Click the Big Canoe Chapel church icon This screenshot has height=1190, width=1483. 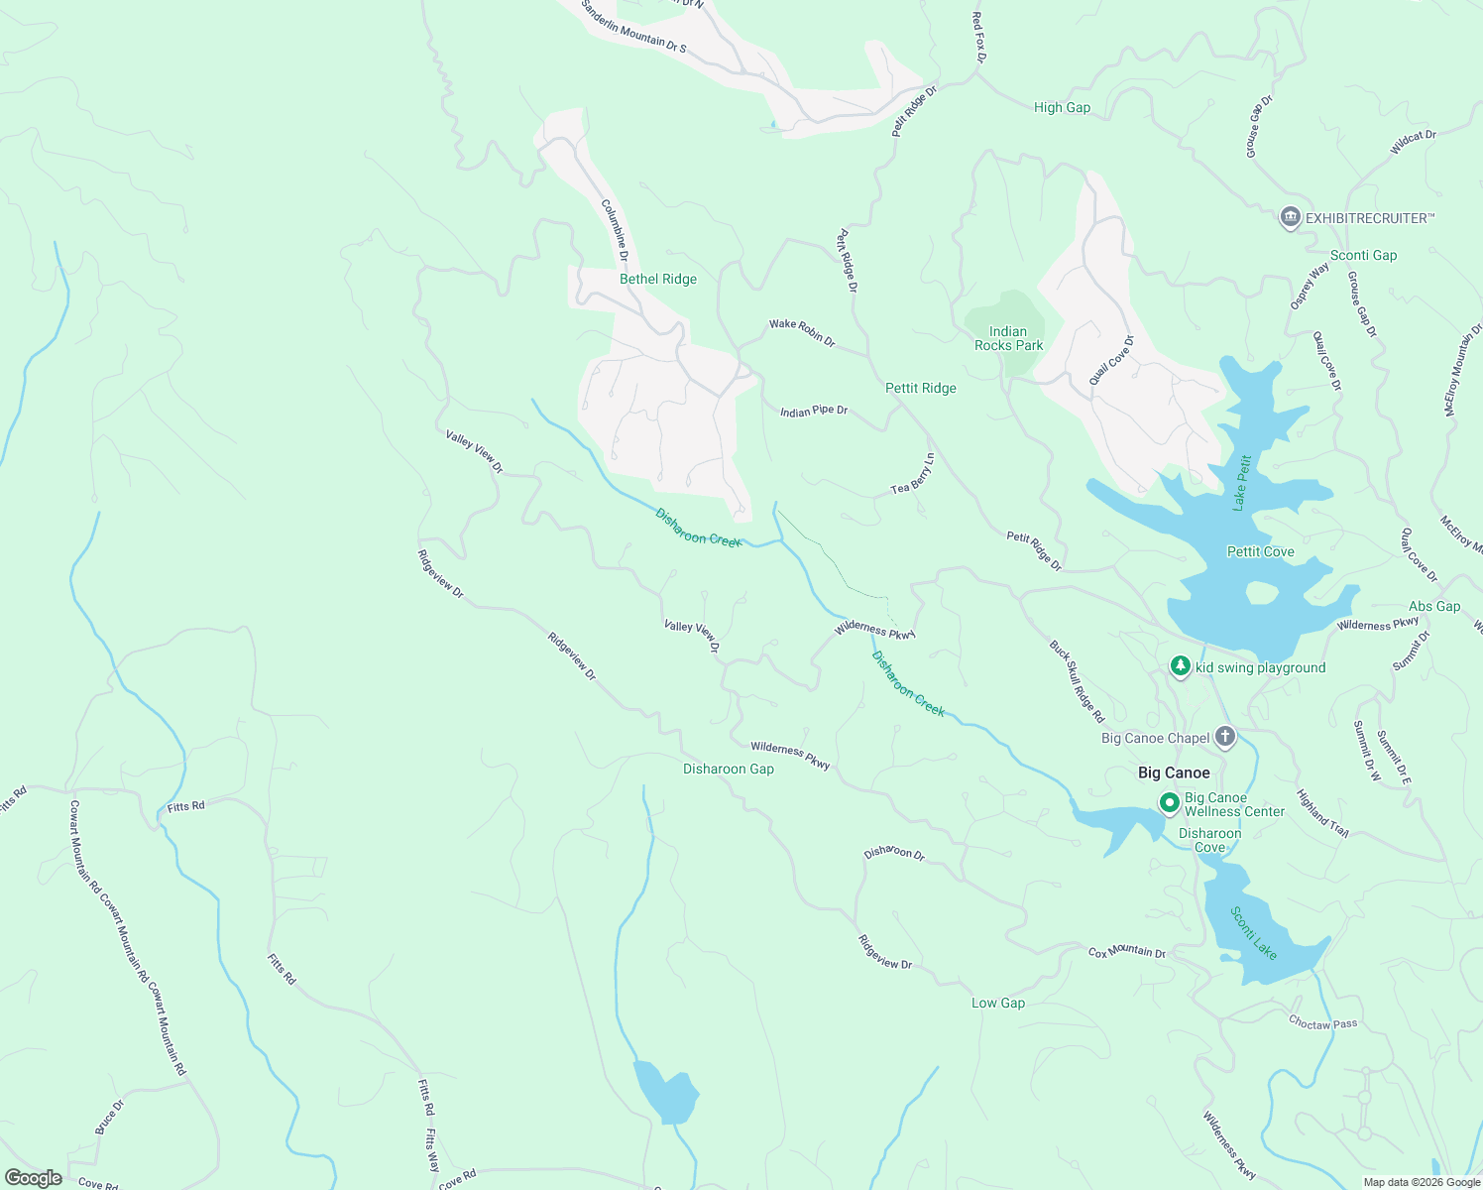1225,737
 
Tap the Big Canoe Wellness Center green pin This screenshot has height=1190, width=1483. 1169,802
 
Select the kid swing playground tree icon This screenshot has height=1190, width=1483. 1180,666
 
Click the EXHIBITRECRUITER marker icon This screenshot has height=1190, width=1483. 1290,217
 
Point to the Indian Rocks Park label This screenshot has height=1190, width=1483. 1008,338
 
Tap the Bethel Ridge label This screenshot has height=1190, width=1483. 658,279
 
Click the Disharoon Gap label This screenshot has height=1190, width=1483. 729,769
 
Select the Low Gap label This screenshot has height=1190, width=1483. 998,1003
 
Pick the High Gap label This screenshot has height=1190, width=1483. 1062,107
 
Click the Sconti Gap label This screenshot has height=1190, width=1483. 1363,255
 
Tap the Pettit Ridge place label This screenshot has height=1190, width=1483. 921,388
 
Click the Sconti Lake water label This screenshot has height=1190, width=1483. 1254,932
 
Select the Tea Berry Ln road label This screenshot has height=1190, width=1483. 913,474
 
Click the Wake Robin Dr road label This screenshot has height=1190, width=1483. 802,332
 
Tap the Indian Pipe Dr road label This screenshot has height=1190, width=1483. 814,411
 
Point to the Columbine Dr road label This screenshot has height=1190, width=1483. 616,230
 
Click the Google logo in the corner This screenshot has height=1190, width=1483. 34,1178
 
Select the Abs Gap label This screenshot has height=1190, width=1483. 1434,606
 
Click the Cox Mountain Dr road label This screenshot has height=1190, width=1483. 1127,952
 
